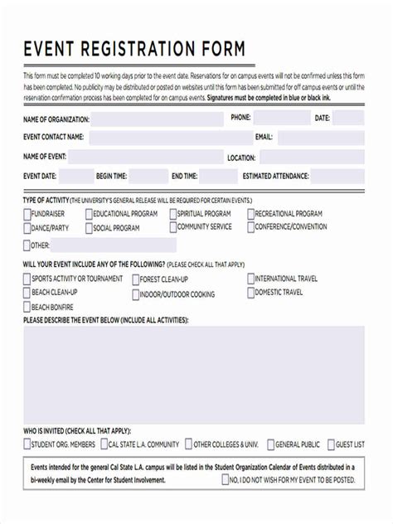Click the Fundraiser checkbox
click(x=27, y=214)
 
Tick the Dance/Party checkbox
click(x=27, y=228)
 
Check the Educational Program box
click(x=90, y=214)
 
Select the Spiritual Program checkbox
click(x=172, y=214)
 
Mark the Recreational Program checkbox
click(x=250, y=214)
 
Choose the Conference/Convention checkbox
click(x=250, y=227)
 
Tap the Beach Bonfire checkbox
click(x=27, y=307)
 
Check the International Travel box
click(x=250, y=279)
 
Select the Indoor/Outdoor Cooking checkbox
click(x=135, y=294)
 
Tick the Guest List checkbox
click(x=331, y=444)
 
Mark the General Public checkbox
click(x=270, y=444)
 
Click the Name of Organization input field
click(x=158, y=119)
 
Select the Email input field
click(x=320, y=138)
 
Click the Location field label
click(x=241, y=158)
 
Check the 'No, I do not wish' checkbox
click(x=222, y=480)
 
